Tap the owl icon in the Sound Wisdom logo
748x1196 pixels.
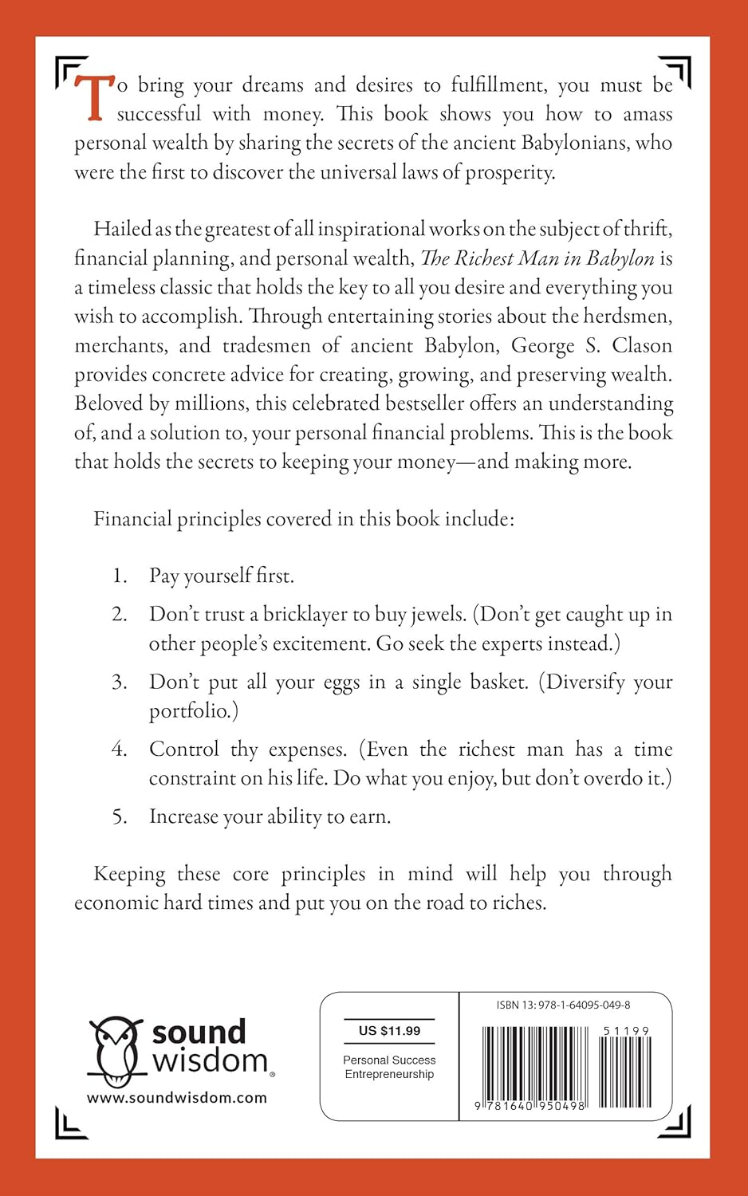(115, 1050)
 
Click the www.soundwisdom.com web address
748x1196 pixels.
(177, 1098)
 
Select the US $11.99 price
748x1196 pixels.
(389, 1030)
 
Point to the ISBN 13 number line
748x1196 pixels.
(563, 1005)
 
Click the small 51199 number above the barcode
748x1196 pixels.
(626, 1031)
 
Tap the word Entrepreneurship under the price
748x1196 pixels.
(389, 1074)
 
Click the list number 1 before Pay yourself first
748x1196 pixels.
(120, 576)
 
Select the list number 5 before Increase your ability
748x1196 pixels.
(120, 816)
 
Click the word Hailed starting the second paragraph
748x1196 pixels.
(122, 229)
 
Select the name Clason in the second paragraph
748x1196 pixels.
(642, 345)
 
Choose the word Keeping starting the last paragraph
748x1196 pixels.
(129, 874)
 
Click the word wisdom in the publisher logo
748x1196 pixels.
(211, 1060)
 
